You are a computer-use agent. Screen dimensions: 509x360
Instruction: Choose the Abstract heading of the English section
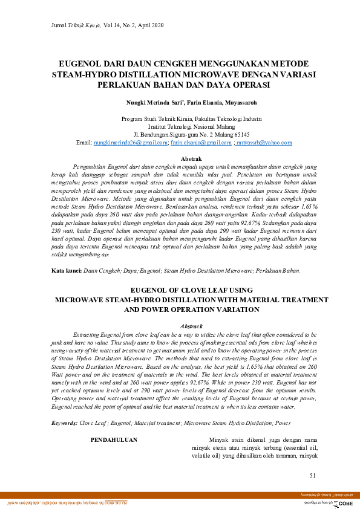(x=183, y=326)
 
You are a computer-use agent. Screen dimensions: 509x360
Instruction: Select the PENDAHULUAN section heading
(x=114, y=439)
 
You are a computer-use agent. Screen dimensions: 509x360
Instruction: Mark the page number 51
(x=312, y=475)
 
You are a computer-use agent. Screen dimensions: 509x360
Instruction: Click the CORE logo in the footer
(x=344, y=502)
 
